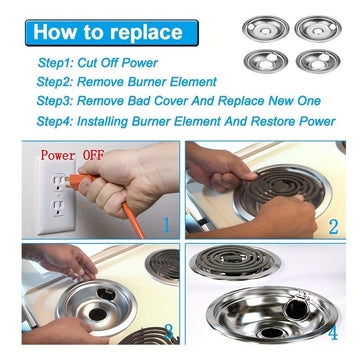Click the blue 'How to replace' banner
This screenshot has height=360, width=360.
(x=112, y=33)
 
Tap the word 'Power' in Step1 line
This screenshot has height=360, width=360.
(x=140, y=63)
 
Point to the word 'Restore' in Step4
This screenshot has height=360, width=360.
(x=273, y=121)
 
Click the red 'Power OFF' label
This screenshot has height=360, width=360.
(x=72, y=155)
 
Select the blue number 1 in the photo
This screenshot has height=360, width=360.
(x=167, y=226)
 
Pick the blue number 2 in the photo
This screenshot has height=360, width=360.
(x=333, y=226)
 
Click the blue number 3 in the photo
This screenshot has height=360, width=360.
(x=169, y=331)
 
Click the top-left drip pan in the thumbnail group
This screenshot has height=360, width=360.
(x=265, y=29)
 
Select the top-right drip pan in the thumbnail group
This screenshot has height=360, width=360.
(x=318, y=29)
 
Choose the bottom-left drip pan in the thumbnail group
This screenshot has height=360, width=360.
(x=266, y=61)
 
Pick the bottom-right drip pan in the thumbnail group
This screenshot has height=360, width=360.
(x=318, y=61)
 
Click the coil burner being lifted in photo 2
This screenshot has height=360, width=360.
(x=282, y=187)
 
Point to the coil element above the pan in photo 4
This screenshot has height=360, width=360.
(x=235, y=262)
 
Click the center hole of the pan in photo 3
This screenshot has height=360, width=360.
(x=98, y=313)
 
